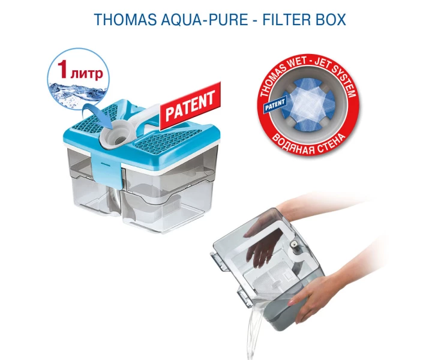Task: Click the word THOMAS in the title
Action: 125,20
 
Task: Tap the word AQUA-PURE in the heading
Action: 205,20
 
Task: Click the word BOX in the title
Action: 331,20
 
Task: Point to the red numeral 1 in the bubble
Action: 62,69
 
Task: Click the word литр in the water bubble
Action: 86,73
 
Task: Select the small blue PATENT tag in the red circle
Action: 275,104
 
